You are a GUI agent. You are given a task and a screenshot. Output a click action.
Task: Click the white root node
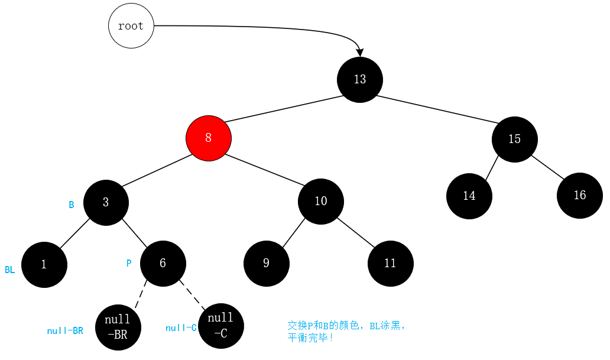click(x=131, y=26)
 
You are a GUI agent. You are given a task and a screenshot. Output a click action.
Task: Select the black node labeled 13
click(x=360, y=79)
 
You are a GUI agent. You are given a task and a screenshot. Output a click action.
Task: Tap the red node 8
click(x=208, y=138)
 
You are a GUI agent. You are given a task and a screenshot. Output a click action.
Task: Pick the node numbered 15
click(x=514, y=139)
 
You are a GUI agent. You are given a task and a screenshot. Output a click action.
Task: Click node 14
click(x=469, y=196)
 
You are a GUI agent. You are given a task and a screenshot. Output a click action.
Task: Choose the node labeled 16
click(x=579, y=195)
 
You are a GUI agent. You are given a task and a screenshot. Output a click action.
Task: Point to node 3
click(x=106, y=202)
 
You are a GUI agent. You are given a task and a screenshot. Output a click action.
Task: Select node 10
click(x=320, y=201)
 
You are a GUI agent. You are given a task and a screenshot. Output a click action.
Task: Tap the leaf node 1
click(x=44, y=264)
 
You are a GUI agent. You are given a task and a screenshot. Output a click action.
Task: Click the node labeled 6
click(x=163, y=263)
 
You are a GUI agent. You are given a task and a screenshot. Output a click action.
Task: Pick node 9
click(x=266, y=263)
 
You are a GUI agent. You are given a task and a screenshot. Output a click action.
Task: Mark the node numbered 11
click(x=390, y=263)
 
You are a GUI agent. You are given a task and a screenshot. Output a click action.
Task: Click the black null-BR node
click(x=118, y=327)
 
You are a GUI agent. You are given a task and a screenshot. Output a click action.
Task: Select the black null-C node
click(x=221, y=325)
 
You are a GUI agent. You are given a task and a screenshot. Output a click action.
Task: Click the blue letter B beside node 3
click(x=72, y=205)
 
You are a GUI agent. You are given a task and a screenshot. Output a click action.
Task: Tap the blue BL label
click(x=10, y=270)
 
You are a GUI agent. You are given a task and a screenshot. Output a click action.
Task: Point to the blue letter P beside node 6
click(x=129, y=264)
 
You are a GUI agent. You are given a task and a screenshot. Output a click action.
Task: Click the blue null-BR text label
click(x=65, y=331)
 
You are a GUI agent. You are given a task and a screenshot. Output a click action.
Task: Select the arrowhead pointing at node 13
click(x=360, y=53)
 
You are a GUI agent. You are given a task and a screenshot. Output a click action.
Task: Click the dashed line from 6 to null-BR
click(x=141, y=294)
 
